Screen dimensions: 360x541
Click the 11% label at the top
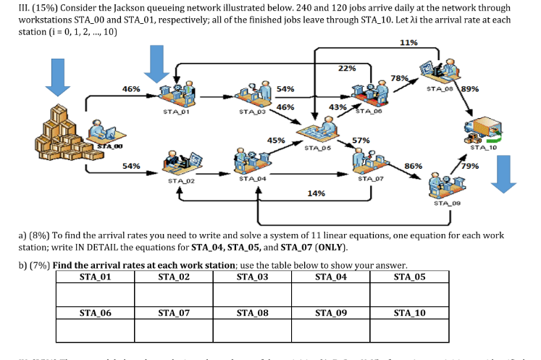point(408,43)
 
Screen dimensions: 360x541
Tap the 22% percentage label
point(347,68)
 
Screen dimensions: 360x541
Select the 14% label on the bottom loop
point(316,193)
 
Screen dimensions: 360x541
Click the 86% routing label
point(413,166)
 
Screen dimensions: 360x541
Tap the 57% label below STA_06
point(361,140)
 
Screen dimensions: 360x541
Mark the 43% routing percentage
point(337,107)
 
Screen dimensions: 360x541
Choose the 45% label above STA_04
point(276,140)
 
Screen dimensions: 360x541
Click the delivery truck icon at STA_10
point(481,130)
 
